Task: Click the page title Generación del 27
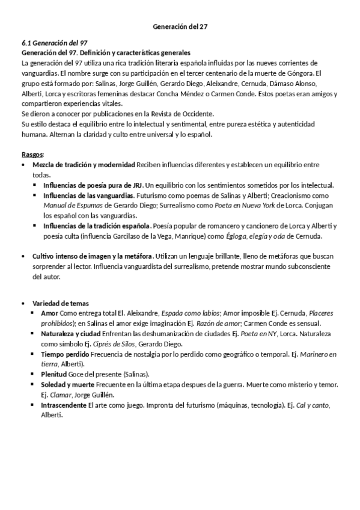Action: [x=180, y=26]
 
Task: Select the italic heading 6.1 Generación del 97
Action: [x=54, y=44]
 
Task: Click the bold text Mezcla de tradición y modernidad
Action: [x=84, y=165]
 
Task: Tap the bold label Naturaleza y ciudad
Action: [x=71, y=333]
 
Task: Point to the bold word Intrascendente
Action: [x=63, y=405]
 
